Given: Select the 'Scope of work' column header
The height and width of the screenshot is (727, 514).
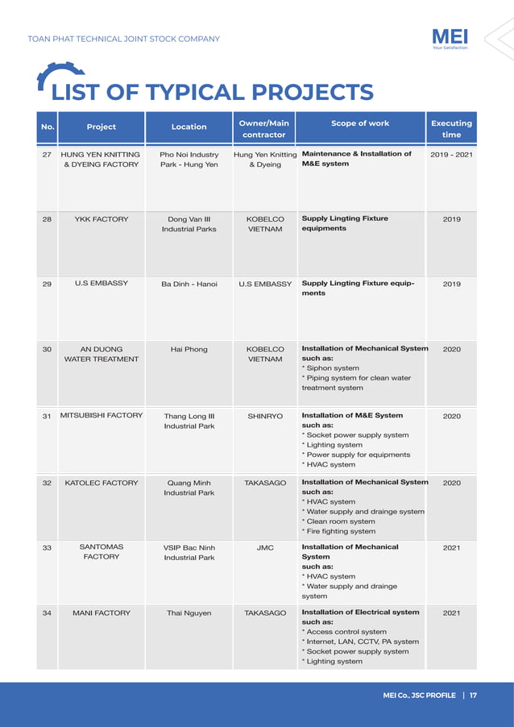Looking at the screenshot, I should click(x=360, y=123).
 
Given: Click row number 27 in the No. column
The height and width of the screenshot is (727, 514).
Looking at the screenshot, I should click(x=47, y=154).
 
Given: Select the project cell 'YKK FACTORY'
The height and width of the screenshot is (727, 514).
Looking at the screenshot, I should click(x=101, y=218).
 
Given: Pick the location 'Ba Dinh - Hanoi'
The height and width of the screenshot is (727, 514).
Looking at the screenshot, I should click(x=189, y=284).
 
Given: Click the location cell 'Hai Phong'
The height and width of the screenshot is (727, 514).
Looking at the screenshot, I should click(x=189, y=349).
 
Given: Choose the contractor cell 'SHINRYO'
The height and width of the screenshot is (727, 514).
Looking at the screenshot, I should click(x=265, y=416).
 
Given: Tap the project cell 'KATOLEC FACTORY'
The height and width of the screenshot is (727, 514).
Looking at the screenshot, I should click(x=101, y=482).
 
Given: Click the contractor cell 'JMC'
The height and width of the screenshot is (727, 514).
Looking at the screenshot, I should click(x=265, y=547).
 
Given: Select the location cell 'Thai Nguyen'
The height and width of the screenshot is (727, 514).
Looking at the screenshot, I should click(x=189, y=613).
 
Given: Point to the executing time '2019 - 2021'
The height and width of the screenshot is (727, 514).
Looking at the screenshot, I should click(x=451, y=154).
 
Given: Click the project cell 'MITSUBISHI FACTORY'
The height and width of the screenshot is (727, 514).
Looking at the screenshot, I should click(x=102, y=416).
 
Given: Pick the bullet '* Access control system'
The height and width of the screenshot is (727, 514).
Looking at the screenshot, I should click(x=344, y=632).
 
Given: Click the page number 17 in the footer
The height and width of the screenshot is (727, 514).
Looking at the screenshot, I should click(x=473, y=696).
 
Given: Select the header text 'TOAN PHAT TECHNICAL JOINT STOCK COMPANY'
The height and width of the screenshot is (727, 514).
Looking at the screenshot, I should click(x=123, y=39).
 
